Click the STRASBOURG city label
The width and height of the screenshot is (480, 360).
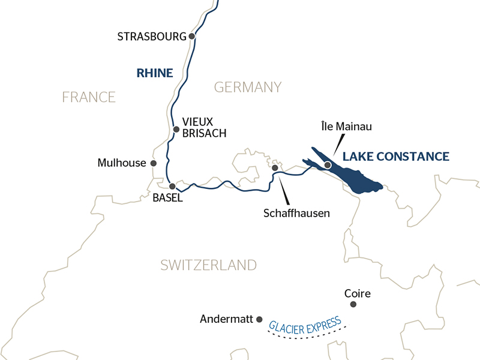(152, 37)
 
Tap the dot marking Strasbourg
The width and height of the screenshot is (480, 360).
(192, 36)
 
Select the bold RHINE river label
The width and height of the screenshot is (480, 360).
(155, 73)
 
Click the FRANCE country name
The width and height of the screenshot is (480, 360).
(89, 97)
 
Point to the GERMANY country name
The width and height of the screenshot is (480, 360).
(248, 87)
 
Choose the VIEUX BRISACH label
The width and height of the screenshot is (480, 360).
(205, 127)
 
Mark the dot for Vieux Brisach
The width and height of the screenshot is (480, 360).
(176, 129)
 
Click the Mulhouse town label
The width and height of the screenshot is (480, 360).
(122, 163)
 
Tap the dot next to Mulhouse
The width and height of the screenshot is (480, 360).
(154, 163)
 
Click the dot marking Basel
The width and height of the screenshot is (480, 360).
(172, 186)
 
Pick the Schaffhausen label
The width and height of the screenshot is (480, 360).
(297, 213)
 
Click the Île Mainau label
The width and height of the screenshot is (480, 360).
(346, 127)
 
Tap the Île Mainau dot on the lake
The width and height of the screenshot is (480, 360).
(328, 164)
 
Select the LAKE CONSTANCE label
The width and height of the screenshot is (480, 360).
(395, 157)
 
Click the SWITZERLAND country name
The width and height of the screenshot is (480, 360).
(208, 265)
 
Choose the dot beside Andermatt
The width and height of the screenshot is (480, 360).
(259, 320)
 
